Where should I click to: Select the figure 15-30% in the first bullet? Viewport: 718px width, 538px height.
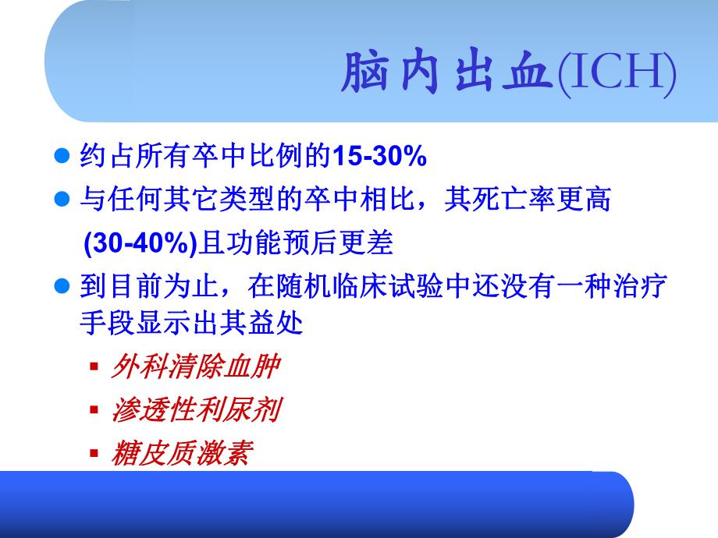click(x=379, y=157)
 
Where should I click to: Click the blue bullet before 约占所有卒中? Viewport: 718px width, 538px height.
click(x=66, y=157)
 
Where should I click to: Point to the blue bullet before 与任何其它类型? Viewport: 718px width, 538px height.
click(x=66, y=200)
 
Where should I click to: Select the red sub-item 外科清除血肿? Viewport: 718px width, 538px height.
click(x=194, y=366)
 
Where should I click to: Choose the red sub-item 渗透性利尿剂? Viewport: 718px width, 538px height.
click(x=194, y=410)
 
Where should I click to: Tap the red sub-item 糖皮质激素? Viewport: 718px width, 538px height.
click(x=181, y=453)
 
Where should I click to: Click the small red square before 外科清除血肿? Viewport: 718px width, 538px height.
click(x=94, y=366)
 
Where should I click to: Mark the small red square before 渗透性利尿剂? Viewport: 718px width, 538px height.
click(x=94, y=409)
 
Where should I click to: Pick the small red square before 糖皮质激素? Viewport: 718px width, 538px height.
click(x=94, y=453)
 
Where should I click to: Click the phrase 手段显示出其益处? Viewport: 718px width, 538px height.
click(x=191, y=322)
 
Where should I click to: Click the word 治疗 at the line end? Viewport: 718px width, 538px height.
click(x=648, y=288)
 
